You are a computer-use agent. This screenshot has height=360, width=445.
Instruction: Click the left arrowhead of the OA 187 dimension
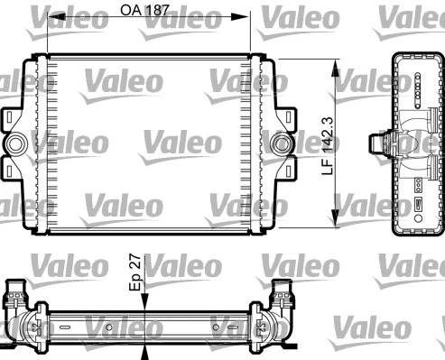[51, 18]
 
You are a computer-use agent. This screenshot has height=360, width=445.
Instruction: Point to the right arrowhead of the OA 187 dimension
[244, 18]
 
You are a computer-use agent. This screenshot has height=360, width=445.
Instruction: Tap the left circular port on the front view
[16, 143]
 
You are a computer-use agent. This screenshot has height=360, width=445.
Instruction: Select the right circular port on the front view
[283, 143]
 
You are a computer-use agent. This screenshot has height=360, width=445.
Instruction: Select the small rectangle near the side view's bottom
[420, 206]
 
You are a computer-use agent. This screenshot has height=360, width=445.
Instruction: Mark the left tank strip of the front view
[40, 143]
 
